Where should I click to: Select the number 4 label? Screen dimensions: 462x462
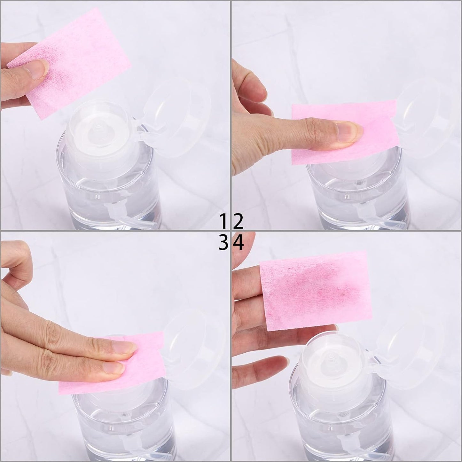tap(238, 244)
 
